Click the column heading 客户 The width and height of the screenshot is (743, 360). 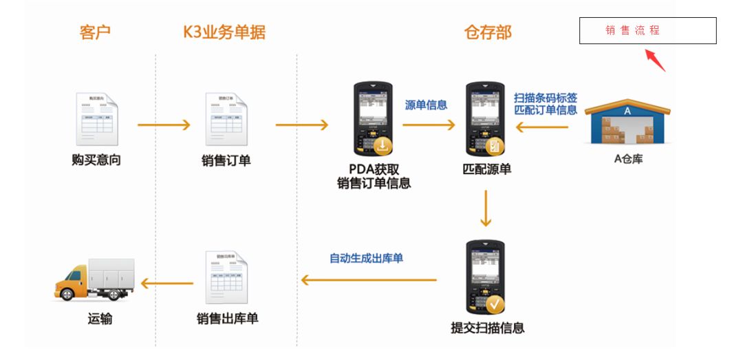95,32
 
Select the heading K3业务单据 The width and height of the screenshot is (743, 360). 224,32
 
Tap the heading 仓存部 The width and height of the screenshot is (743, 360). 488,32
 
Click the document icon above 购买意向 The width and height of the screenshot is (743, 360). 96,118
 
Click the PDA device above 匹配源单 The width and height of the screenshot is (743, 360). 486,119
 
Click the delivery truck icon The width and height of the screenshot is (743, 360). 94,279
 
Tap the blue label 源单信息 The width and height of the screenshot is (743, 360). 427,105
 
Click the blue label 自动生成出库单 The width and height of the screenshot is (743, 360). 367,258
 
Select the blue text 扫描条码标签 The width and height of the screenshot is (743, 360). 546,97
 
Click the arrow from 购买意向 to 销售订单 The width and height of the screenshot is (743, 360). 164,125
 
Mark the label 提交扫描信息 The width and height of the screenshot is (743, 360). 487,328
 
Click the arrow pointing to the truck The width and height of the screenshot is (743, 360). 167,282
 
